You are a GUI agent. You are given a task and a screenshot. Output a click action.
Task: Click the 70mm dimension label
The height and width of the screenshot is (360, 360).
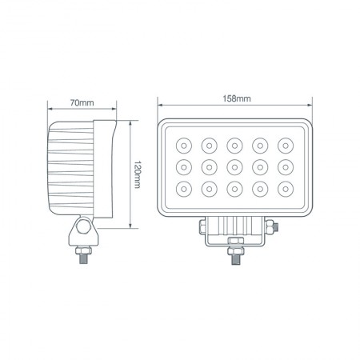[82, 103]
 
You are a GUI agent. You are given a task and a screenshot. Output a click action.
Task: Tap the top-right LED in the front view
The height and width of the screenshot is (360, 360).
[286, 145]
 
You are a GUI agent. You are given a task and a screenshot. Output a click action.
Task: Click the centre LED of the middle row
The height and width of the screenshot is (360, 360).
[234, 167]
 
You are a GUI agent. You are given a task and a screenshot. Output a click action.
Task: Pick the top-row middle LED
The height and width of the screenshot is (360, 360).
[234, 145]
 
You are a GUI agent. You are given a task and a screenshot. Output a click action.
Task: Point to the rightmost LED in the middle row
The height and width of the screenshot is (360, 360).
[286, 167]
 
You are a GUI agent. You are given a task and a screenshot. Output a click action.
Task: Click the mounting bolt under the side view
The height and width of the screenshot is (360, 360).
[82, 257]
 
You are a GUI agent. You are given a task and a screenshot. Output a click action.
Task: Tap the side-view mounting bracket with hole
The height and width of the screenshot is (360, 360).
[82, 231]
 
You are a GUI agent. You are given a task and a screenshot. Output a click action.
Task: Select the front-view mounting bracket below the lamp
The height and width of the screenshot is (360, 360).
[236, 232]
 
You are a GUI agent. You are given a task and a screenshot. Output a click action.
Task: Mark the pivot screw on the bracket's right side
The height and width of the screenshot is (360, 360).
[274, 227]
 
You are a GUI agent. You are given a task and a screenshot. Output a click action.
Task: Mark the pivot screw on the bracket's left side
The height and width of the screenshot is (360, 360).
[198, 227]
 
